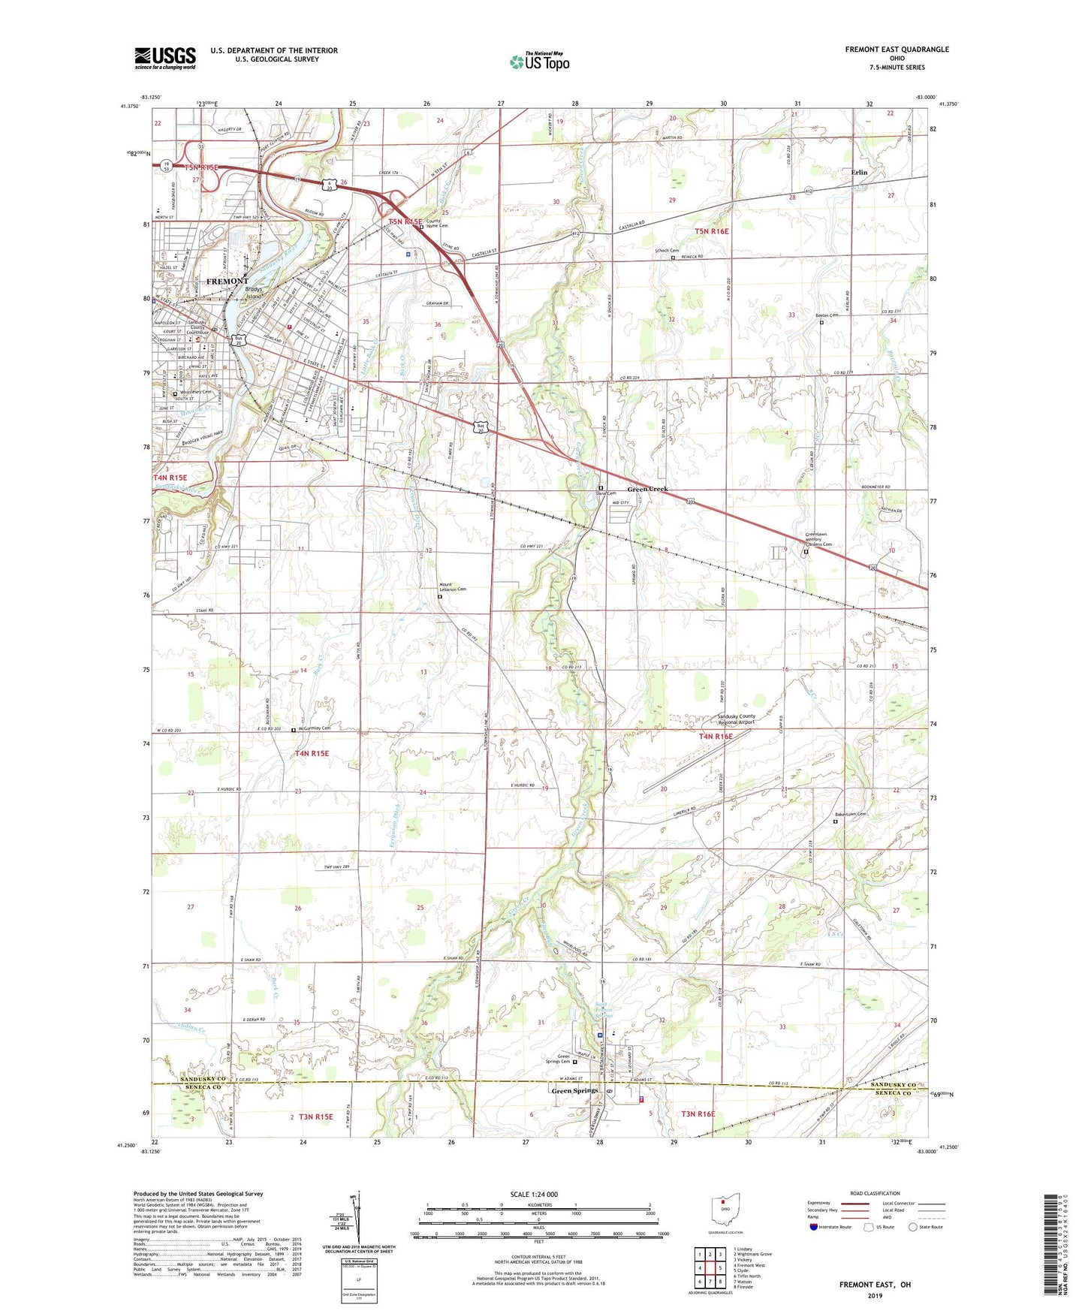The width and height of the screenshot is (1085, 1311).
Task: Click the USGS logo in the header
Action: pyautogui.click(x=164, y=57)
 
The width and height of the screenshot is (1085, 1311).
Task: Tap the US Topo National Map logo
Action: pyautogui.click(x=539, y=61)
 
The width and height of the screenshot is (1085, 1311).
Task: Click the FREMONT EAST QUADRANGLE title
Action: pyautogui.click(x=897, y=50)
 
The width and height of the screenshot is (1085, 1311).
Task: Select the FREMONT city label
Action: pyautogui.click(x=227, y=281)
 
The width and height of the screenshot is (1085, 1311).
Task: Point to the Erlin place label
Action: pyautogui.click(x=859, y=172)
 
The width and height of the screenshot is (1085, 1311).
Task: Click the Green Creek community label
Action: pyautogui.click(x=647, y=489)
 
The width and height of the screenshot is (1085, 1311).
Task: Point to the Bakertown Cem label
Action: pyautogui.click(x=851, y=814)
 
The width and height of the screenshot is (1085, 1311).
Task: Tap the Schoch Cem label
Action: pyautogui.click(x=667, y=251)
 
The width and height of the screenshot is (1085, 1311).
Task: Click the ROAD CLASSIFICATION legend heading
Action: pyautogui.click(x=875, y=1193)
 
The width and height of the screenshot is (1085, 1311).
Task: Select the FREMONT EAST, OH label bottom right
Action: pyautogui.click(x=875, y=1285)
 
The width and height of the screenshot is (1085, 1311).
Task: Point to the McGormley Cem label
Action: pyautogui.click(x=315, y=728)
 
